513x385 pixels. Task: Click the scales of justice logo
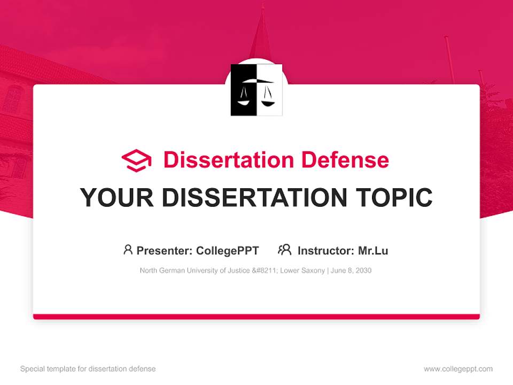pos(256,90)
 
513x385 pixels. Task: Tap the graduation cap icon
pos(136,160)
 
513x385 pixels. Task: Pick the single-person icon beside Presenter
pos(128,250)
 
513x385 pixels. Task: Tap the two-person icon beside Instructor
pos(284,250)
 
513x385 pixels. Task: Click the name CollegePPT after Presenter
pos(228,250)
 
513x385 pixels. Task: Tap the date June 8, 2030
pos(351,271)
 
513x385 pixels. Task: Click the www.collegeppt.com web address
pos(458,369)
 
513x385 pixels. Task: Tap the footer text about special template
pos(88,369)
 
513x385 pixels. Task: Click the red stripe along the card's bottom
pos(256,317)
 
